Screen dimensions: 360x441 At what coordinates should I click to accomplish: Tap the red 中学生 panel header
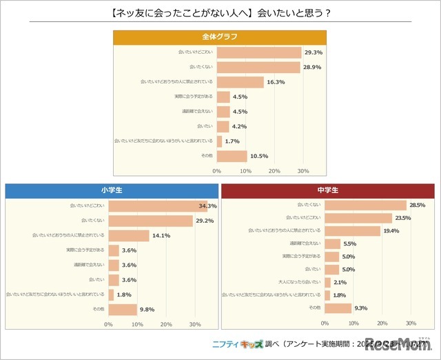click(327, 190)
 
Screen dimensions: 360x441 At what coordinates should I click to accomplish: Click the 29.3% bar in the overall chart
click(258, 52)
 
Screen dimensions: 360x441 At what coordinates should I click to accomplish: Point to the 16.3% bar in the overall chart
click(240, 82)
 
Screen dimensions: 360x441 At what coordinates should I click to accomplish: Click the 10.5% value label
click(259, 155)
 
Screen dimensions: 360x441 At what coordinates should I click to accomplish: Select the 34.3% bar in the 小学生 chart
click(157, 206)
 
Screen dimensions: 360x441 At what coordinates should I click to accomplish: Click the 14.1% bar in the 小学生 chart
click(129, 235)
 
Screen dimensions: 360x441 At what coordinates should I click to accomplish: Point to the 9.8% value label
click(147, 309)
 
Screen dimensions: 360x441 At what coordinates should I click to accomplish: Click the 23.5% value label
click(402, 218)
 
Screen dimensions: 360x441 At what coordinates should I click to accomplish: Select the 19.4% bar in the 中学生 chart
click(352, 230)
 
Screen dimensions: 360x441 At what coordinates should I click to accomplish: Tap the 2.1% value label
click(340, 281)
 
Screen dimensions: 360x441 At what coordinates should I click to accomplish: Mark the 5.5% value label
click(350, 243)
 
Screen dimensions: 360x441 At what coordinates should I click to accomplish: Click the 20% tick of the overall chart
click(274, 170)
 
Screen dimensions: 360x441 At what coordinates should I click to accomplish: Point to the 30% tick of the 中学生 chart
click(411, 323)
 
